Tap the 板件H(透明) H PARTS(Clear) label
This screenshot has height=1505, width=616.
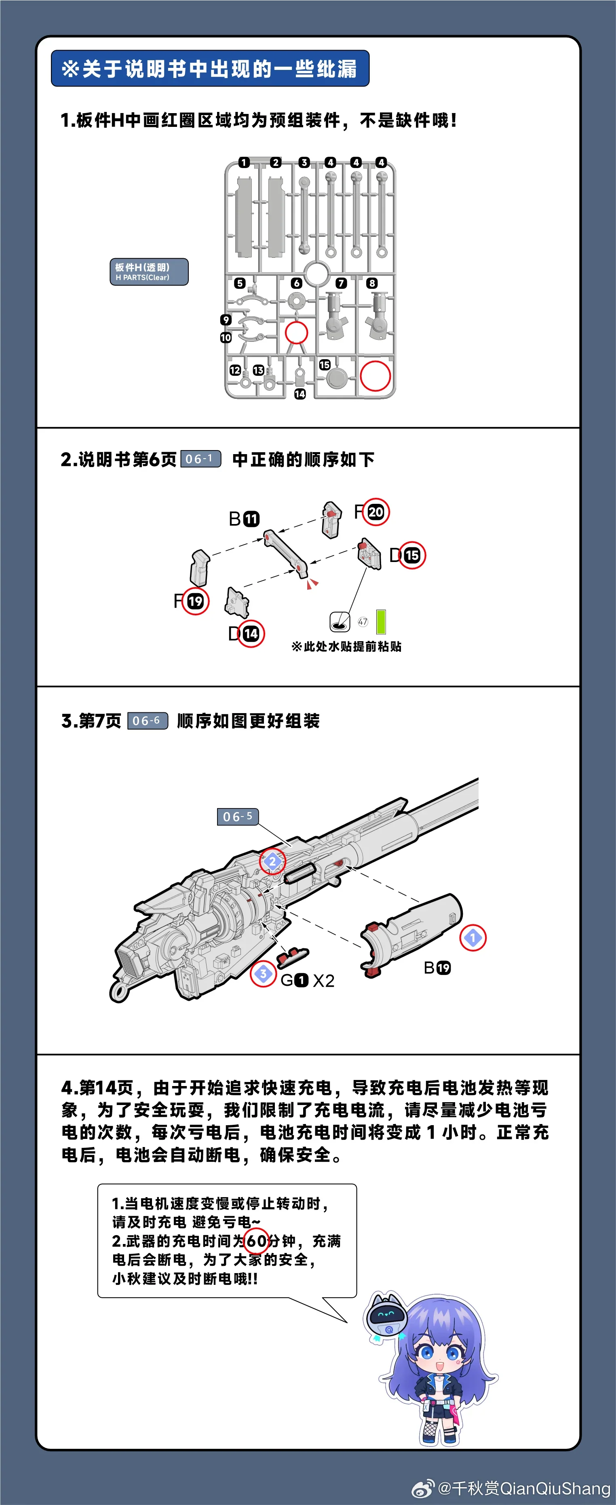pyautogui.click(x=149, y=272)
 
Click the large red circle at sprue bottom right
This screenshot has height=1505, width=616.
pyautogui.click(x=375, y=376)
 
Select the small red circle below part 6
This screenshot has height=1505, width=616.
pyautogui.click(x=296, y=333)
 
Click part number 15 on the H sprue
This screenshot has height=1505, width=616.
pyautogui.click(x=324, y=364)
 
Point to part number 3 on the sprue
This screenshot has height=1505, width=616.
pyautogui.click(x=304, y=162)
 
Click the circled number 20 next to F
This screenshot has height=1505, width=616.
pyautogui.click(x=375, y=512)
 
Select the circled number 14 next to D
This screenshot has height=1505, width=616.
pyautogui.click(x=251, y=634)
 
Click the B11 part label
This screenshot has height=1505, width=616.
pyautogui.click(x=244, y=519)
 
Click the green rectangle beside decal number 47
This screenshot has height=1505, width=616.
pyautogui.click(x=381, y=622)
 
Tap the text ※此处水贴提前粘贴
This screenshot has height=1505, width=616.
pyautogui.click(x=346, y=646)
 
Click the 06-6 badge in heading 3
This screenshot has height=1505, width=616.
pyautogui.click(x=147, y=720)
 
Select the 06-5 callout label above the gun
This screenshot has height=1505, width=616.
pyautogui.click(x=237, y=816)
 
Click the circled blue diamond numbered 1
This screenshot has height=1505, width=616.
pyautogui.click(x=473, y=938)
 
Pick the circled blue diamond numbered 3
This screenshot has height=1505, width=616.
pyautogui.click(x=263, y=973)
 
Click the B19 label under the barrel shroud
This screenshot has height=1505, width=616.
pyautogui.click(x=437, y=968)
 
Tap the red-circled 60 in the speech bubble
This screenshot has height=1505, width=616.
pyautogui.click(x=256, y=1240)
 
